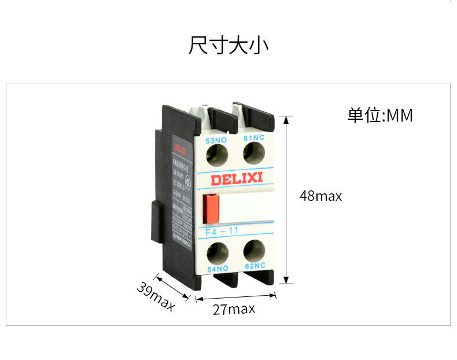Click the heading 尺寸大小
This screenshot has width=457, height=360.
(x=228, y=46)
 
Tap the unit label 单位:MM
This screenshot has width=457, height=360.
(x=380, y=115)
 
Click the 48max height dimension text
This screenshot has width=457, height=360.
(x=320, y=196)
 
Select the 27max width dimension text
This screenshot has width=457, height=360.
(x=234, y=309)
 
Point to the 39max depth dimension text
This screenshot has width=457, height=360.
(x=156, y=296)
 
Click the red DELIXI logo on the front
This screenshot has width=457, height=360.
(x=236, y=179)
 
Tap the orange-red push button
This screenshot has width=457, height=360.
(x=210, y=208)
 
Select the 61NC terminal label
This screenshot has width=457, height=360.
(x=253, y=138)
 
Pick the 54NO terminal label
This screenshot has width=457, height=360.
(x=218, y=268)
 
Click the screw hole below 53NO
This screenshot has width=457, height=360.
(x=218, y=153)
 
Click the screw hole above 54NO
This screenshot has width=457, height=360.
(x=218, y=252)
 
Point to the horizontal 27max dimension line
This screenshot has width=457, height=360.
(x=235, y=298)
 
